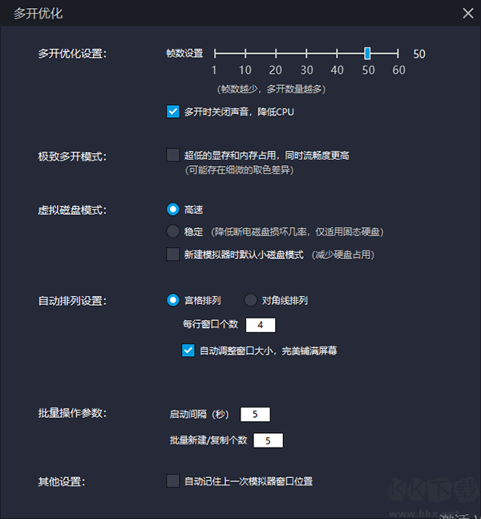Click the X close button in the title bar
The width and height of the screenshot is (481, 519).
pyautogui.click(x=467, y=14)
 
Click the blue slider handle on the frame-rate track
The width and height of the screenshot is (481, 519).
pyautogui.click(x=367, y=53)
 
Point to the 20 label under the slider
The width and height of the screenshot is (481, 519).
pyautogui.click(x=275, y=70)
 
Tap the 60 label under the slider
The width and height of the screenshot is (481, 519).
pyautogui.click(x=398, y=70)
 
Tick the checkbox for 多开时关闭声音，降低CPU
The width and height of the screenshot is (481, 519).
pyautogui.click(x=172, y=112)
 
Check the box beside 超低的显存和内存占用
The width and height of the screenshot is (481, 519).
pyautogui.click(x=172, y=155)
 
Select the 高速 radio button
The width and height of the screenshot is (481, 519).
pyautogui.click(x=172, y=209)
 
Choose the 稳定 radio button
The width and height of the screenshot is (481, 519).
pyautogui.click(x=172, y=231)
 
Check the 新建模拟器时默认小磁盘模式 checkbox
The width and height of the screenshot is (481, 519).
pyautogui.click(x=172, y=254)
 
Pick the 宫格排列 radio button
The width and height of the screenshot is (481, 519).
pyautogui.click(x=172, y=300)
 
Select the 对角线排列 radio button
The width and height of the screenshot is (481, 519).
pyautogui.click(x=250, y=300)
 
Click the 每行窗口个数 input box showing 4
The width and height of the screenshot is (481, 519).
pyautogui.click(x=261, y=325)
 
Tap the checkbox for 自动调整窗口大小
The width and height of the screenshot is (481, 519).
pyautogui.click(x=188, y=351)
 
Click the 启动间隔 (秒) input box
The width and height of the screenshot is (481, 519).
pyautogui.click(x=255, y=415)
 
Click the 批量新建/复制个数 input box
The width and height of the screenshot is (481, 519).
pyautogui.click(x=268, y=440)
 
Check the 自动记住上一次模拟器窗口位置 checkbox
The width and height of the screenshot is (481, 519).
pyautogui.click(x=172, y=481)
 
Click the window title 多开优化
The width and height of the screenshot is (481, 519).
pyautogui.click(x=38, y=14)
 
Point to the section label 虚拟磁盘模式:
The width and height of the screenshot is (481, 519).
pyautogui.click(x=72, y=210)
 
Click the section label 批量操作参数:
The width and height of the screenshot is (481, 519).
pyautogui.click(x=72, y=413)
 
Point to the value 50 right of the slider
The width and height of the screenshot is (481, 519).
pyautogui.click(x=419, y=54)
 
